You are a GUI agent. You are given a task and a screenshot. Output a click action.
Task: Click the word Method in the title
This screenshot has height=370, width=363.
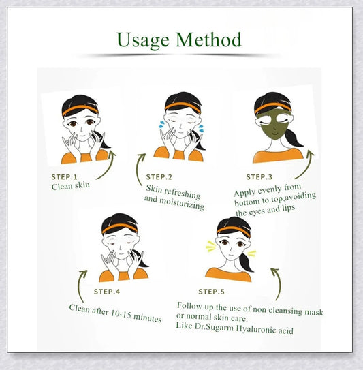[209, 39]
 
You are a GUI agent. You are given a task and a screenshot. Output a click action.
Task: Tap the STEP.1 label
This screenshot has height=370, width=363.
[65, 177]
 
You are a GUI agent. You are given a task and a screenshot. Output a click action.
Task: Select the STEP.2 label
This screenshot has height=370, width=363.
[159, 177]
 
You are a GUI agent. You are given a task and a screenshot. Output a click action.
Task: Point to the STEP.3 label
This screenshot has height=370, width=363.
[259, 177]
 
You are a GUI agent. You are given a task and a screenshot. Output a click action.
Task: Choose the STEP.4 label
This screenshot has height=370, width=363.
[107, 292]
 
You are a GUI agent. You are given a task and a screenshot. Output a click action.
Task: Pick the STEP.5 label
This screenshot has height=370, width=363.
[211, 292]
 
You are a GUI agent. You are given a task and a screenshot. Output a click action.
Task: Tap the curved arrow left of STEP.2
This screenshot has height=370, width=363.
[138, 169]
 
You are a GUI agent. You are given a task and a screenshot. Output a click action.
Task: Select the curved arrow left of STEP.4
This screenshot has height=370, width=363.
[79, 286]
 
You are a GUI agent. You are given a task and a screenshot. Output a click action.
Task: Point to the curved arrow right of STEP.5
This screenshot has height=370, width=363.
[279, 283]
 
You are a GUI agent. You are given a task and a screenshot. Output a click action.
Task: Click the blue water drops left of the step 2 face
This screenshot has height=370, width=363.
[162, 125]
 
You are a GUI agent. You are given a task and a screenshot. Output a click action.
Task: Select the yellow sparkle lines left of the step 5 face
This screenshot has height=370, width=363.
[211, 246]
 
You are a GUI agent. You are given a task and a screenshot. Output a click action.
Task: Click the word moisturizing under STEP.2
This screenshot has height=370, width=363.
[182, 204]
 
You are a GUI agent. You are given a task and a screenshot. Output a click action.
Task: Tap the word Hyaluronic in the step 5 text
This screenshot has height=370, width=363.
[255, 329]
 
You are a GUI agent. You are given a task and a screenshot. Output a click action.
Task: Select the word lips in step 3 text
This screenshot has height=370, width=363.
[288, 209]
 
